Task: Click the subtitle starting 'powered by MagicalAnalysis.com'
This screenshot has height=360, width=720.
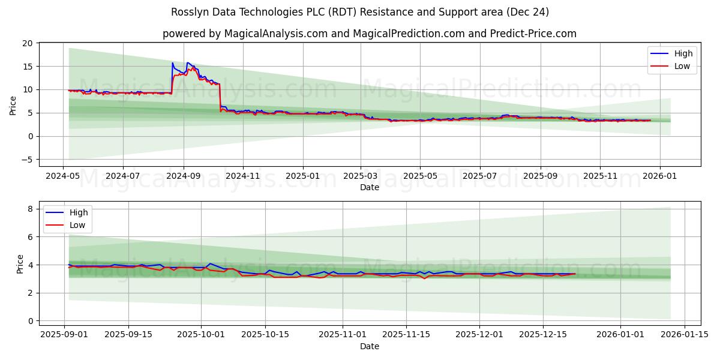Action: (369, 34)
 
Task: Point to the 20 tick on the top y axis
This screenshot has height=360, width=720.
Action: (27, 43)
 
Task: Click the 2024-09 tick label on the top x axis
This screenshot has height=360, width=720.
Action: (183, 176)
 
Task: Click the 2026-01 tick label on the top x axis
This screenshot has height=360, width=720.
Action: (659, 176)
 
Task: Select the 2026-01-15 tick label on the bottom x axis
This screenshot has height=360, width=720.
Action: (683, 335)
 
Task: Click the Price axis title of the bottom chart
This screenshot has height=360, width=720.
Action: (20, 264)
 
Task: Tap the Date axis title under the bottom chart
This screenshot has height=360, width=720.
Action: (369, 346)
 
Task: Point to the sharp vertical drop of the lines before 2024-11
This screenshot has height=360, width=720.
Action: (220, 96)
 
